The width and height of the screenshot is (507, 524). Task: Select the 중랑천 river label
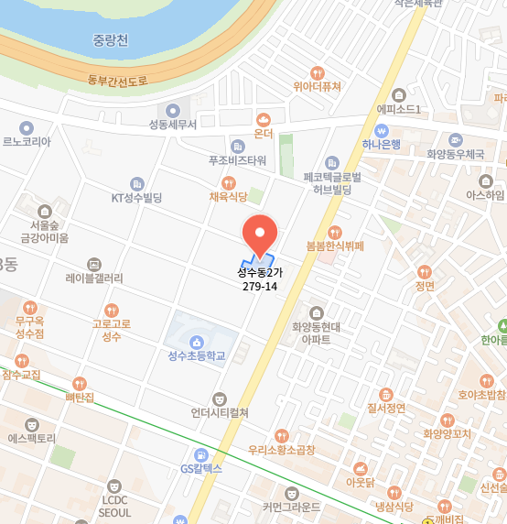[111, 40]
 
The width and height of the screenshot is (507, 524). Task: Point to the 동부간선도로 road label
[117, 80]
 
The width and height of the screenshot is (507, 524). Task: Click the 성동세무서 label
[173, 125]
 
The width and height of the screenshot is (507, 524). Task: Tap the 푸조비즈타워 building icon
[238, 146]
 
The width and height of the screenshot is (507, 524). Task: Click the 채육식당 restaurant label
[228, 196]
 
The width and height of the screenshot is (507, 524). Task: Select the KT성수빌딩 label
[136, 197]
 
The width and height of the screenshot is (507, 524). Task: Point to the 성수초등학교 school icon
[196, 342]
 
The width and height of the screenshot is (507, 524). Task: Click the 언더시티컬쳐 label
[220, 412]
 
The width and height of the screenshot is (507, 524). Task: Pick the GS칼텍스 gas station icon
[201, 454]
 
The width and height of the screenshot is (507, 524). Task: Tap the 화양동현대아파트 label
[317, 332]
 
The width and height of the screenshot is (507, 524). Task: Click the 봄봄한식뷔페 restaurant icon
[335, 232]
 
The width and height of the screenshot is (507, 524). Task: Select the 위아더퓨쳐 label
[317, 87]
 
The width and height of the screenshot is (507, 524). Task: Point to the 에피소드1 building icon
[398, 95]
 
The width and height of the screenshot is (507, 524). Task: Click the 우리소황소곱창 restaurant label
[281, 450]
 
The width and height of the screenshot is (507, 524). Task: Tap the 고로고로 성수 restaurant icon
[112, 311]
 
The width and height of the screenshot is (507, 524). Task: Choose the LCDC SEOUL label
[114, 507]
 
